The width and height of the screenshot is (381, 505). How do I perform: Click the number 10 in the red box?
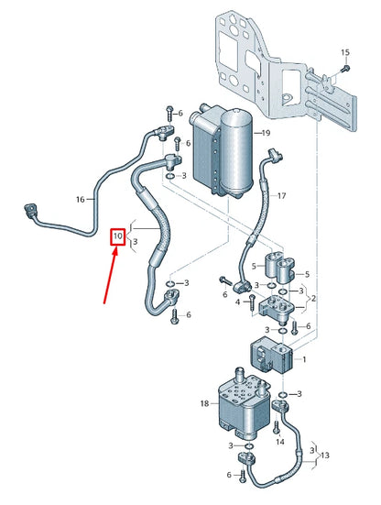click(117, 236)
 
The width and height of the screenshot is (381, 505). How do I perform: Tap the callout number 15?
click(345, 52)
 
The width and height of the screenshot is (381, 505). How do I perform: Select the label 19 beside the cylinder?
click(265, 134)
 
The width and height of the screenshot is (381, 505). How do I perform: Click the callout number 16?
click(80, 199)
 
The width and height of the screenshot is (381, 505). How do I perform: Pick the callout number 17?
click(282, 195)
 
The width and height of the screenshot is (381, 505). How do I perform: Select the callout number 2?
click(315, 300)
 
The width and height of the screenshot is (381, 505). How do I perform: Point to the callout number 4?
click(237, 301)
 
